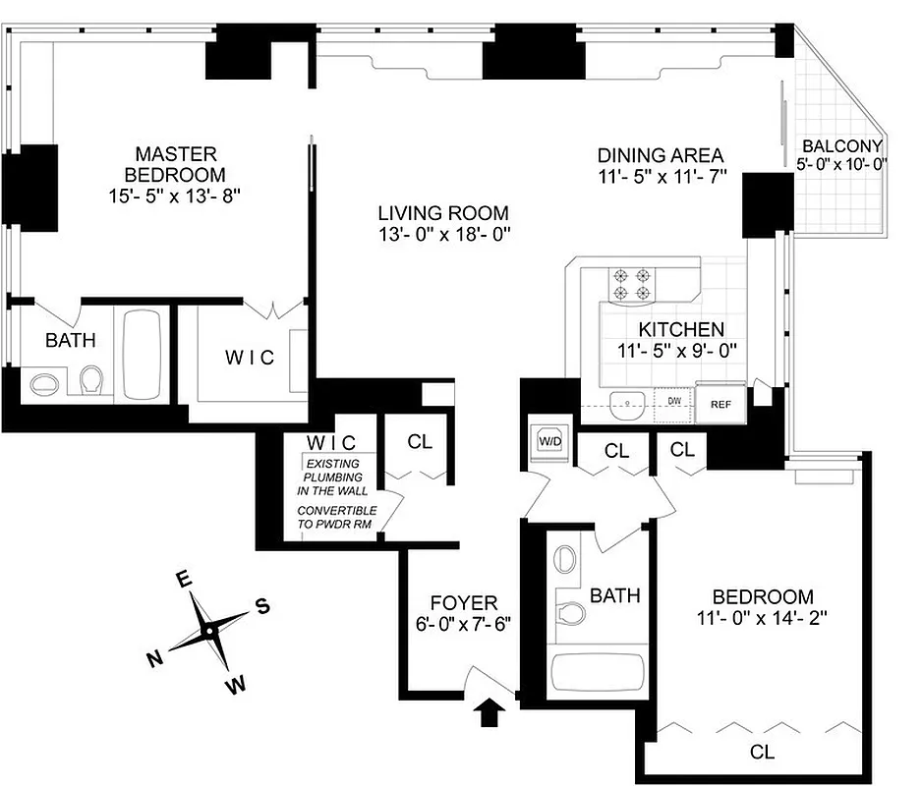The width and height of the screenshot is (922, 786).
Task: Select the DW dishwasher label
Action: (x=674, y=401)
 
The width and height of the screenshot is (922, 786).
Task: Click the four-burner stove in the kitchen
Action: (x=632, y=283)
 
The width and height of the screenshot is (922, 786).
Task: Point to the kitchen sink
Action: (x=625, y=401)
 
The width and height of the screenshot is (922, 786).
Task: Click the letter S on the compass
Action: (x=262, y=605)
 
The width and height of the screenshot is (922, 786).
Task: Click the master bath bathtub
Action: (x=144, y=355)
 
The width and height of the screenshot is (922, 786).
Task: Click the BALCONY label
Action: (x=842, y=145)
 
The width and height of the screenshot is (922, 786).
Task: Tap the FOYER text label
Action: (x=464, y=602)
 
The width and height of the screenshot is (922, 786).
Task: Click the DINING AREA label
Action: (x=661, y=155)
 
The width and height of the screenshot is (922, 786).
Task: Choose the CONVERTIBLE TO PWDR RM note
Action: (x=337, y=518)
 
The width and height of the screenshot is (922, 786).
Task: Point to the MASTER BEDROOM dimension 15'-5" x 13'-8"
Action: (x=175, y=196)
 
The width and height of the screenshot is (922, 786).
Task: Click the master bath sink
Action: (x=45, y=382)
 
